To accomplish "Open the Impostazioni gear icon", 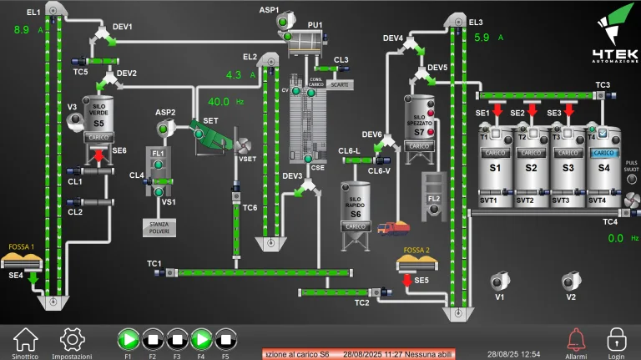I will (x=72, y=338).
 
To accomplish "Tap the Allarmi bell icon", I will (x=575, y=338).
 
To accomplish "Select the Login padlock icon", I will (x=616, y=338).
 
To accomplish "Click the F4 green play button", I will (x=201, y=339).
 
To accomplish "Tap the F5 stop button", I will (x=225, y=339).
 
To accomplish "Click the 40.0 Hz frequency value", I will (x=219, y=102).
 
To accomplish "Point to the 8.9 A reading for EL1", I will (x=22, y=30).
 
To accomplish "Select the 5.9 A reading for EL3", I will (x=482, y=38).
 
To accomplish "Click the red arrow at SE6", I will (x=98, y=155).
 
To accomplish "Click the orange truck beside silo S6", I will (x=391, y=227).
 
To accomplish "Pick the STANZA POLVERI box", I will (x=159, y=226).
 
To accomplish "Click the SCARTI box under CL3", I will (x=340, y=84).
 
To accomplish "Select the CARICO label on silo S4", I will (x=603, y=153).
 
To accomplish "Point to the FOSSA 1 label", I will (x=21, y=247).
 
